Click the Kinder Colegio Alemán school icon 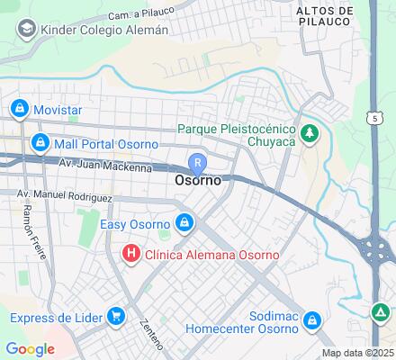25,30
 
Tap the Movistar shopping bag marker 19,110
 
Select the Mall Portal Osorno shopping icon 40,142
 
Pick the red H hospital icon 131,255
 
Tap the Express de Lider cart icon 115,316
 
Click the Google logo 30,349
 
